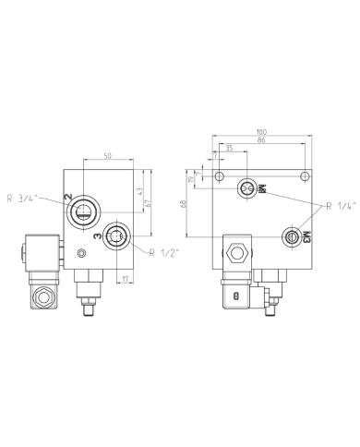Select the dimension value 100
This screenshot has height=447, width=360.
[x=262, y=132]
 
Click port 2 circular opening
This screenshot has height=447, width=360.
[x=82, y=211]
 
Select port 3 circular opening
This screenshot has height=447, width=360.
[x=116, y=236]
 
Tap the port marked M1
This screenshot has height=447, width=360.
[x=246, y=188]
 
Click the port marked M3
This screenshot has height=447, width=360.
[x=293, y=237]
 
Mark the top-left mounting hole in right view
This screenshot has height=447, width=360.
[x=219, y=176]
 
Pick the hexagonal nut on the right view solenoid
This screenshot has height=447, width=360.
[x=236, y=251]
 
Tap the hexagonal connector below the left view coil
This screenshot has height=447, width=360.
[x=41, y=298]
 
